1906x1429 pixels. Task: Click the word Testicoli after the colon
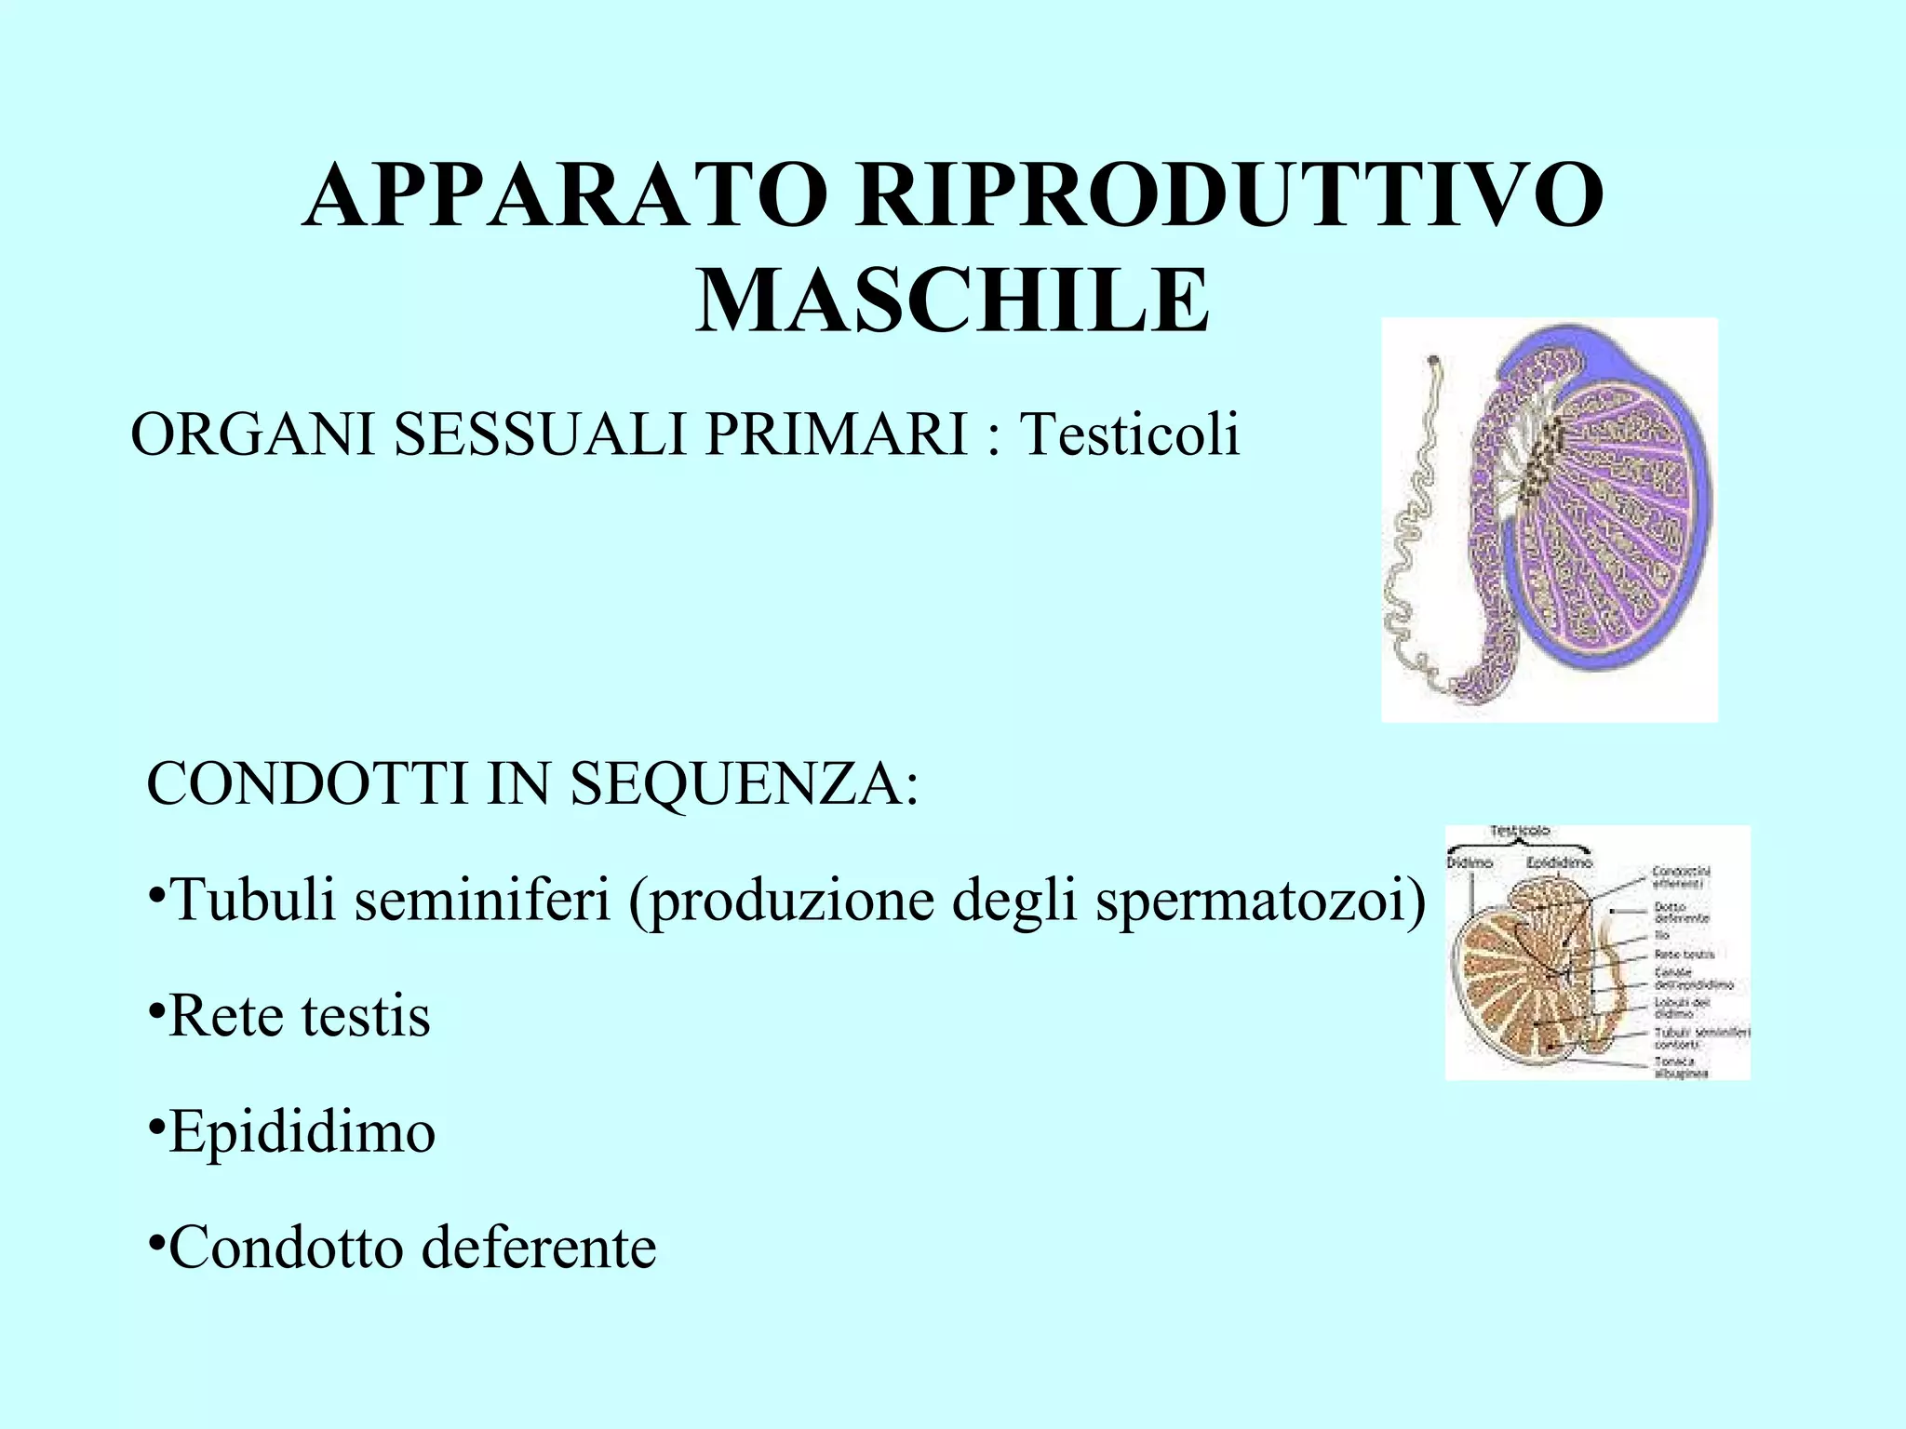coord(1129,434)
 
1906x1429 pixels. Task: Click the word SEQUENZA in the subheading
coord(744,783)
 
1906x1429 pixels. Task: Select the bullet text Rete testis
coord(299,1016)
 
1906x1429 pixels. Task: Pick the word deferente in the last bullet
coord(539,1248)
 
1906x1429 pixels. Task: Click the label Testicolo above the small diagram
coord(1520,831)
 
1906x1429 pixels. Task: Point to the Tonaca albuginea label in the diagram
coord(1681,1067)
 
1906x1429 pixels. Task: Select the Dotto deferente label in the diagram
coord(1681,912)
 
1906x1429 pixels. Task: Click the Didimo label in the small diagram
coord(1470,862)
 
